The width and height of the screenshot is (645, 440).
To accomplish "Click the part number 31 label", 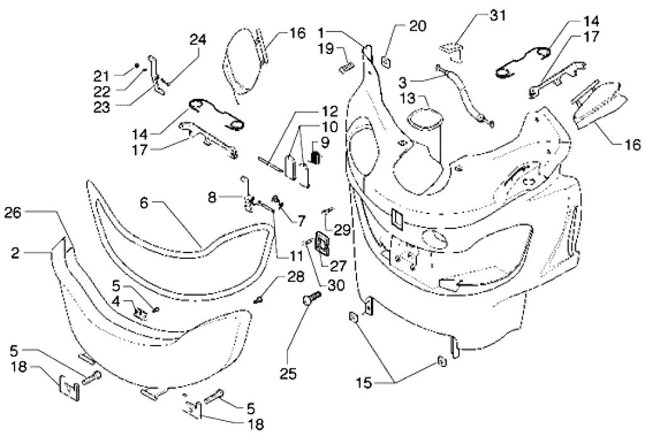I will point(497,15).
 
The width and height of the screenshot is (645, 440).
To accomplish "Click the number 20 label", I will point(417,26).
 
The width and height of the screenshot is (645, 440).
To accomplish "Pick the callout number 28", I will point(296,277).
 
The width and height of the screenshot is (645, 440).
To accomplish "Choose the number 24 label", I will point(198,40).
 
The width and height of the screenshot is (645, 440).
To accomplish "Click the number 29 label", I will point(342,230).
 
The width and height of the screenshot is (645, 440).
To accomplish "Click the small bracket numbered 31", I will point(451,48).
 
